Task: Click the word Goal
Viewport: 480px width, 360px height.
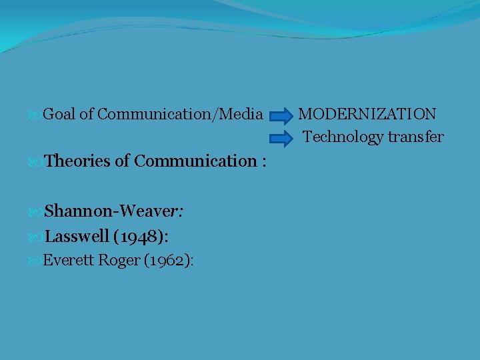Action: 59,115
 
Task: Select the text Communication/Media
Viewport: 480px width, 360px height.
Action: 180,115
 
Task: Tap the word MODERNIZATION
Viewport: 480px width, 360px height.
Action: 367,114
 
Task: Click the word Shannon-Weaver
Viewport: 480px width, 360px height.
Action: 113,211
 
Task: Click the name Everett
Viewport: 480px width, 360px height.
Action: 69,260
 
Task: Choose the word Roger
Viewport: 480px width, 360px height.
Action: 119,260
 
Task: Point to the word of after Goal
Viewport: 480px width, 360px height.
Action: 87,115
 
